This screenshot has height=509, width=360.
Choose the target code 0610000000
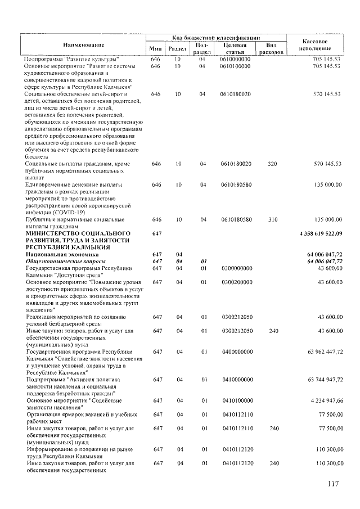point(235,58)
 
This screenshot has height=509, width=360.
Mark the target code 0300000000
point(235,268)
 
